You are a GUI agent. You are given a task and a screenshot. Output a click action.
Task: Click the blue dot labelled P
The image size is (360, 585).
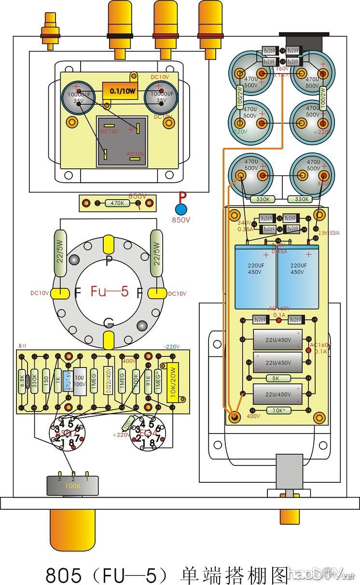tap(181, 209)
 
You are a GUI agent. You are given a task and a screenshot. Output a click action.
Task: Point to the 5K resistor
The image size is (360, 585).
tap(276, 378)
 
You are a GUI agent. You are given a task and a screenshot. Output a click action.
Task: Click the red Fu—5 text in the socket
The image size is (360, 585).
tap(109, 292)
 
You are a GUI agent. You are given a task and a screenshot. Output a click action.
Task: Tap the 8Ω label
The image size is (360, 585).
tap(23, 346)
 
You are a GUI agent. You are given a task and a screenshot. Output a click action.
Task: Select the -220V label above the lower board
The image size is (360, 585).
tap(172, 346)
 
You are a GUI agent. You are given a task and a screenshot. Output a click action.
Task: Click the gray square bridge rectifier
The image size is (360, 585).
tap(122, 141)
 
